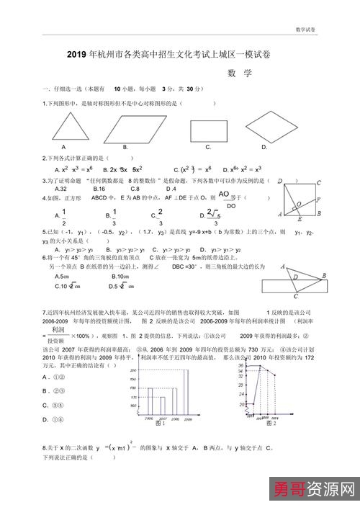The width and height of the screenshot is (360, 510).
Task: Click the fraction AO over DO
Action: tap(224, 200)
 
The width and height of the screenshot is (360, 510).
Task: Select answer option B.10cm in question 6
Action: tap(120, 276)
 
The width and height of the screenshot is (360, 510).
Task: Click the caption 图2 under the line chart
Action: tap(271, 424)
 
